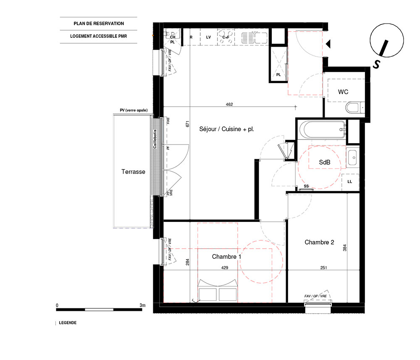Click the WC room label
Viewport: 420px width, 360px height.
(343, 92)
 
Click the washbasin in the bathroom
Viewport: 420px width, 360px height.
(352, 158)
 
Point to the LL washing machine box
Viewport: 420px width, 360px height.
(350, 182)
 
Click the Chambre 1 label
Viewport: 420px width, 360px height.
(227, 257)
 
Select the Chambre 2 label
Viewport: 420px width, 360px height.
(319, 242)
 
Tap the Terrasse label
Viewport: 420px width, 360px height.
(133, 172)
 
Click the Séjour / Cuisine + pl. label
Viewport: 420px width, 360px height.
(227, 129)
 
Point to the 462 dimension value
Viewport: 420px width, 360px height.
(229, 104)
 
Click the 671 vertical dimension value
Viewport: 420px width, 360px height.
(187, 124)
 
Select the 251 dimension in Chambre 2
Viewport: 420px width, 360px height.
(323, 268)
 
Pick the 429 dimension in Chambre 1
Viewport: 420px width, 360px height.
(225, 268)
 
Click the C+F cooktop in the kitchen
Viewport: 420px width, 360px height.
(226, 37)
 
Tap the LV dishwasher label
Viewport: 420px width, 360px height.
(208, 37)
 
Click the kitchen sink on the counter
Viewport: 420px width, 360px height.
(255, 37)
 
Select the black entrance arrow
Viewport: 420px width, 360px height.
(328, 44)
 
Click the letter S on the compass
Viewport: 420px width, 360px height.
(377, 64)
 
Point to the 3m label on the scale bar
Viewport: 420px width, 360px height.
(142, 305)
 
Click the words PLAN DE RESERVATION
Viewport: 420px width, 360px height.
(99, 24)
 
